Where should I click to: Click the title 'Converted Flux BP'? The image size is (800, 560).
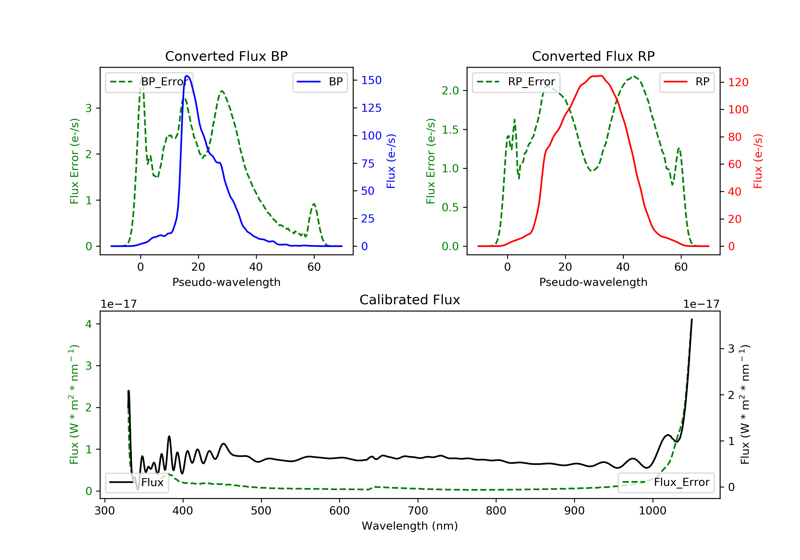tap(226, 56)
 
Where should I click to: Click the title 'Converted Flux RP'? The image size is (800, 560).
tap(593, 56)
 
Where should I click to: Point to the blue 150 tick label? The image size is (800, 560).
tap(371, 81)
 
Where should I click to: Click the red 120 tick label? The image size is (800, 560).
tap(738, 83)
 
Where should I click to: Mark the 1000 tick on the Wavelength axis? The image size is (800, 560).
tap(652, 511)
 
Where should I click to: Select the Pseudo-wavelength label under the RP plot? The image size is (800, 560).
tap(593, 282)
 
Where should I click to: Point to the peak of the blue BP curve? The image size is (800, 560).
tap(187, 76)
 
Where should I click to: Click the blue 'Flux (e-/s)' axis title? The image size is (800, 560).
tap(391, 161)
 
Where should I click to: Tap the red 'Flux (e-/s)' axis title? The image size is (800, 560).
tap(758, 161)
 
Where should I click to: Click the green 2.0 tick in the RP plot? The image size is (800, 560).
tap(450, 91)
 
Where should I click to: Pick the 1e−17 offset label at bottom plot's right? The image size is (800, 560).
tap(701, 304)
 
